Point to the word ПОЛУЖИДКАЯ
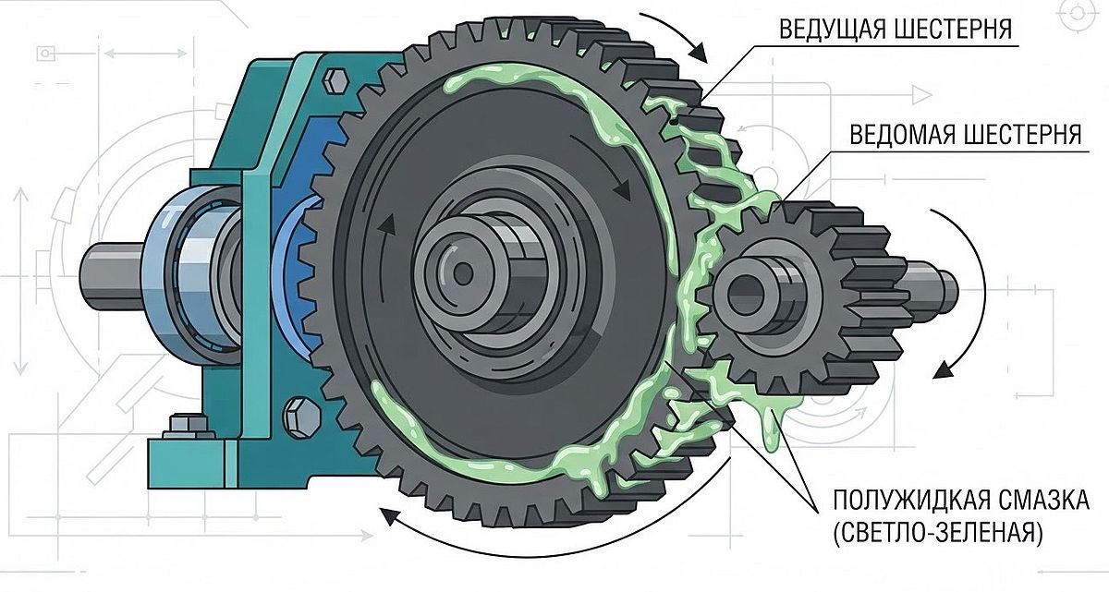pyautogui.click(x=898, y=500)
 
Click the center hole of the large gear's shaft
pyautogui.click(x=463, y=273)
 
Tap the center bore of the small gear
pyautogui.click(x=746, y=296)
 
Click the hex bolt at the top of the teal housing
pyautogui.click(x=336, y=80)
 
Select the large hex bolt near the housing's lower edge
pyautogui.click(x=301, y=417)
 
